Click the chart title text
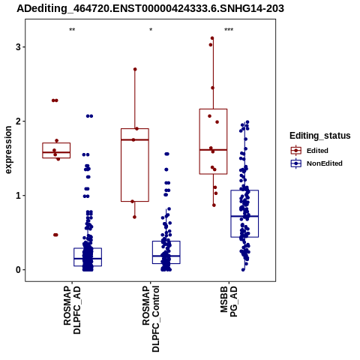pyautogui.click(x=150, y=9)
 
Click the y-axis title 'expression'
pyautogui.click(x=8, y=150)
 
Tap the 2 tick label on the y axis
pyautogui.click(x=18, y=121)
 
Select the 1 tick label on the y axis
pyautogui.click(x=18, y=196)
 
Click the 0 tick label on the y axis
pyautogui.click(x=18, y=270)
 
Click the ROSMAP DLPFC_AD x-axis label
pyautogui.click(x=72, y=310)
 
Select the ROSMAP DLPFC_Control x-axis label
pyautogui.click(x=151, y=319)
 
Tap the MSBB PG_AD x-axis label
pyautogui.click(x=229, y=301)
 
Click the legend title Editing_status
pyautogui.click(x=320, y=136)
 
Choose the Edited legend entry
pyautogui.click(x=309, y=151)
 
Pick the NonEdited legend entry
pyautogui.click(x=316, y=163)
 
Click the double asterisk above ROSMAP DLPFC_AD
pyautogui.click(x=72, y=30)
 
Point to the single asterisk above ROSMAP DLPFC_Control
pyautogui.click(x=151, y=30)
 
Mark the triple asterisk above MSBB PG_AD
pyautogui.click(x=229, y=30)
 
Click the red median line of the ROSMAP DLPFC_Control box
pyautogui.click(x=135, y=139)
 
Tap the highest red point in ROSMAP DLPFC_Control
pyautogui.click(x=135, y=69)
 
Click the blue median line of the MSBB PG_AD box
pyautogui.click(x=244, y=216)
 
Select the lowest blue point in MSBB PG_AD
pyautogui.click(x=243, y=270)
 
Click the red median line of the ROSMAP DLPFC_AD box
pyautogui.click(x=56, y=152)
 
